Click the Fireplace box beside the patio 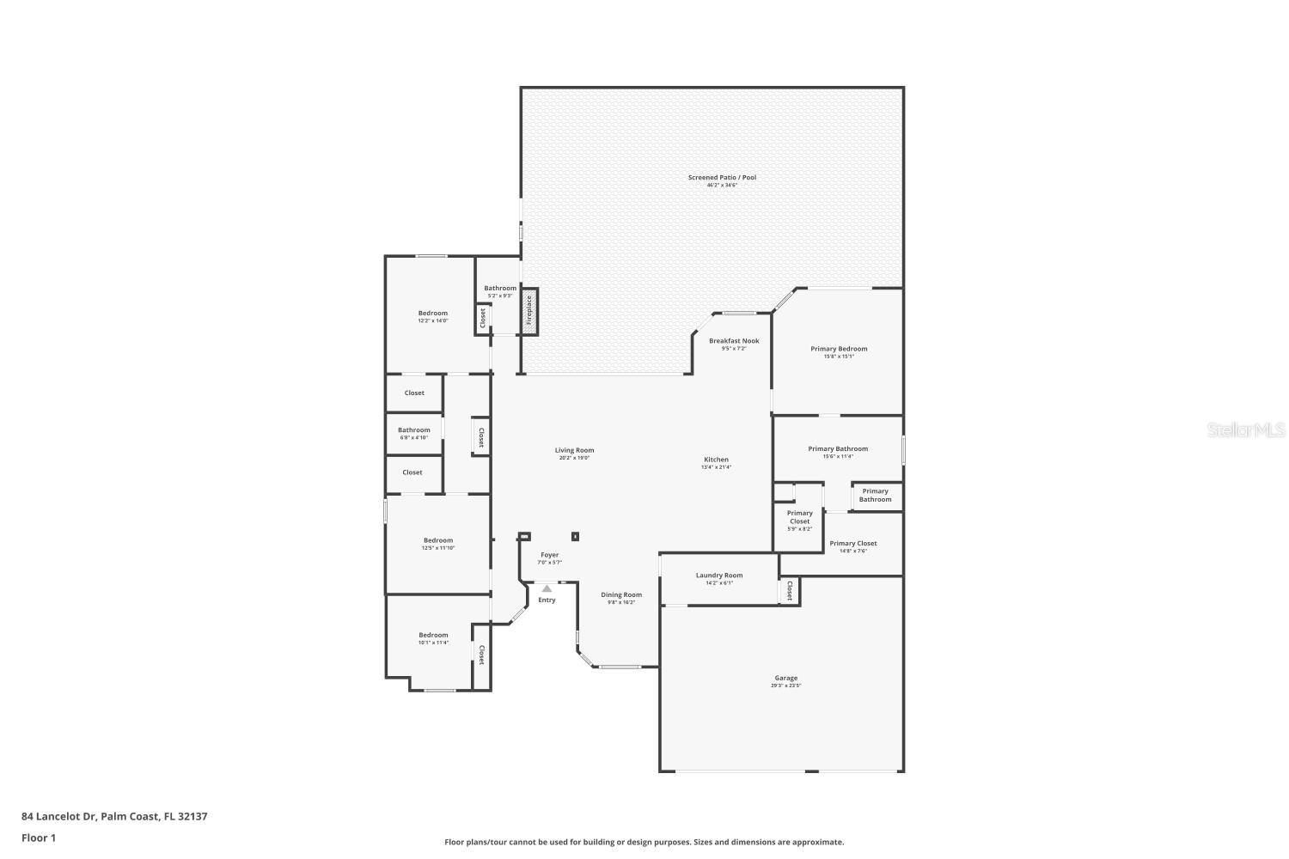pos(529,311)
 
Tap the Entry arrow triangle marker pos(547,588)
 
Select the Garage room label pos(785,679)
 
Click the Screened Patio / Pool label pos(722,178)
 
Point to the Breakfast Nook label pos(734,341)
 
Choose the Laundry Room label pos(718,576)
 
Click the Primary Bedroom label pos(839,349)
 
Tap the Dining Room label pos(620,594)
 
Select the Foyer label pos(549,555)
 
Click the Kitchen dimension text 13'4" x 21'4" pos(716,467)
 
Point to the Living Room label pos(574,450)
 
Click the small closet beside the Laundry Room pos(789,591)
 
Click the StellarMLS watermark pos(1245,429)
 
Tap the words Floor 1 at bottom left pos(39,838)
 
